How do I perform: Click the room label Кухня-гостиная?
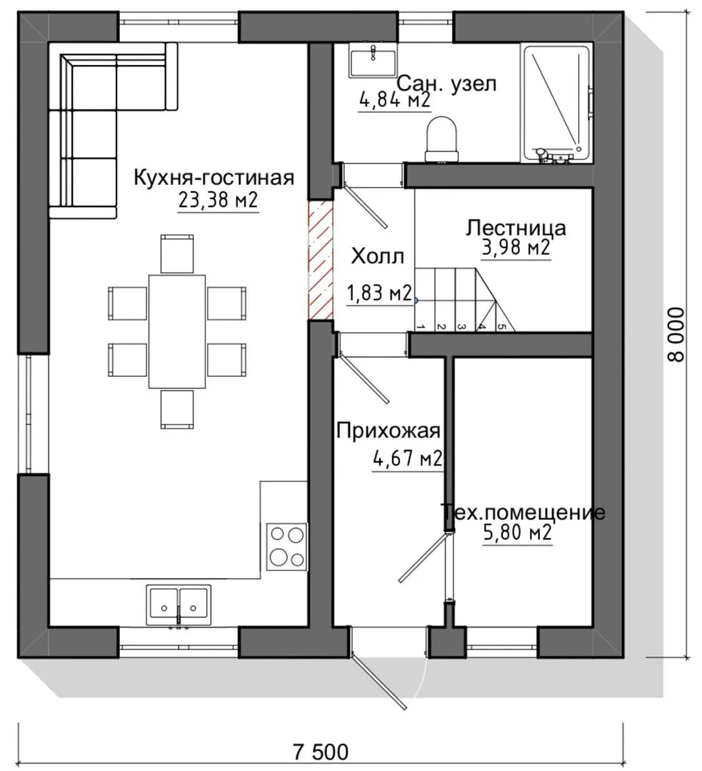tap(214, 178)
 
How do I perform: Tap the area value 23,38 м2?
tap(218, 200)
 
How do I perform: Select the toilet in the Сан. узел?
tap(442, 139)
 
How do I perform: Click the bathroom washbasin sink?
tap(373, 59)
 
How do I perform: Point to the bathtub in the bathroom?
tap(556, 104)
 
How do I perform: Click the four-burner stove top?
tap(286, 547)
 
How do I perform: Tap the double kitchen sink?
tap(178, 605)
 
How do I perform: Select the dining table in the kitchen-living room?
tap(177, 331)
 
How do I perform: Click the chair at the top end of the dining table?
tap(177, 253)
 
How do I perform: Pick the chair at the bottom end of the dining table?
tap(177, 409)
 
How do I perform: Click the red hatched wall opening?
tap(321, 260)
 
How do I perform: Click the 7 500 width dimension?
tap(320, 752)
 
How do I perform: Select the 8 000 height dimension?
tap(677, 335)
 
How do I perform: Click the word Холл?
tap(378, 257)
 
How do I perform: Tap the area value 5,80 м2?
tap(518, 533)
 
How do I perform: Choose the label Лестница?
tap(516, 228)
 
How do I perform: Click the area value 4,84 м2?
tap(395, 101)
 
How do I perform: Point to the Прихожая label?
tap(388, 431)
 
